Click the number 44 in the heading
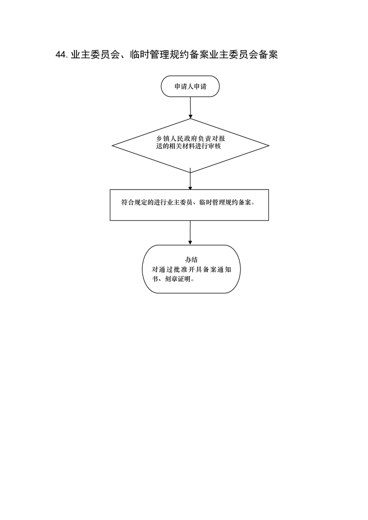pos(62,55)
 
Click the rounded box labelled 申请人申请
pos(190,86)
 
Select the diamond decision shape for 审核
pos(190,146)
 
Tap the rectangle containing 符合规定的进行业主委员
pos(189,205)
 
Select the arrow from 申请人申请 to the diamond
pos(190,108)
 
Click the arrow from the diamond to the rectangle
pos(190,179)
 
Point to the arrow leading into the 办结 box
pos(190,233)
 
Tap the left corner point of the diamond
pos(112,146)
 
